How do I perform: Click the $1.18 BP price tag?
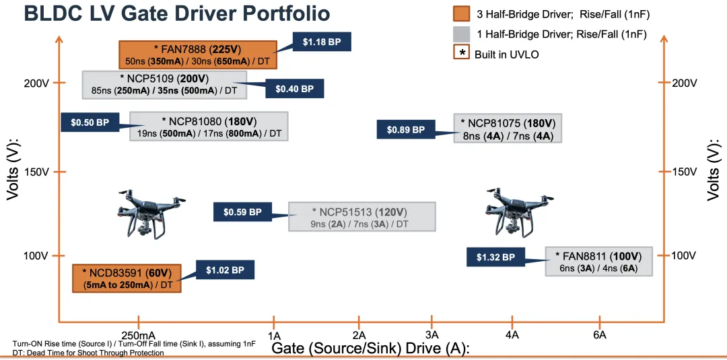tap(322, 42)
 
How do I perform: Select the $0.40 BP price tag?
tap(294, 89)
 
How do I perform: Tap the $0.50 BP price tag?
tap(90, 122)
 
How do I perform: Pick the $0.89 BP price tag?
tap(405, 130)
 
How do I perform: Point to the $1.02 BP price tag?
tap(224, 271)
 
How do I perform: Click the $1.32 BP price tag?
tap(495, 257)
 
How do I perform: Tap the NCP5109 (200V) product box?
tap(164, 85)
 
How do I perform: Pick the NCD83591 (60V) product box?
tap(127, 279)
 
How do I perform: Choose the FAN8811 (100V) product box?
tap(598, 261)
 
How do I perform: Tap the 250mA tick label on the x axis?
tap(139, 334)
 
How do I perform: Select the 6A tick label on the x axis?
tap(599, 334)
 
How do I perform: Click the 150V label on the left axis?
tap(37, 172)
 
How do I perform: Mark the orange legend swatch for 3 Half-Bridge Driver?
tap(461, 14)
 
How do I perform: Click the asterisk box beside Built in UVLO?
tap(461, 53)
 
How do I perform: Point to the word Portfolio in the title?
tap(276, 13)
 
